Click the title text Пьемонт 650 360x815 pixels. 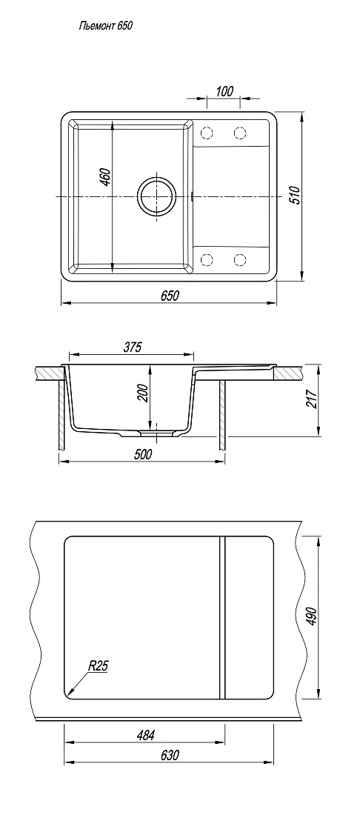point(106,25)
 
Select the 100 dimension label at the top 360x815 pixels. point(224,91)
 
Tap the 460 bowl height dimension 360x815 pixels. point(104,178)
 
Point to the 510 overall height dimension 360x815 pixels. point(295,195)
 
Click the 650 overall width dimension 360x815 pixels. point(170,296)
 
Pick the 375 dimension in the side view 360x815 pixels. point(133,347)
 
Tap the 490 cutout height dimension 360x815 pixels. point(311,616)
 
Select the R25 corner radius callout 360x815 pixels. point(98,665)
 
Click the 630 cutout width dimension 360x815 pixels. point(170,755)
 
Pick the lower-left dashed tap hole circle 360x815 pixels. point(207,259)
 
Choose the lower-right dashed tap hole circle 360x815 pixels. point(240,259)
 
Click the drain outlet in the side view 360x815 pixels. point(156,432)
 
